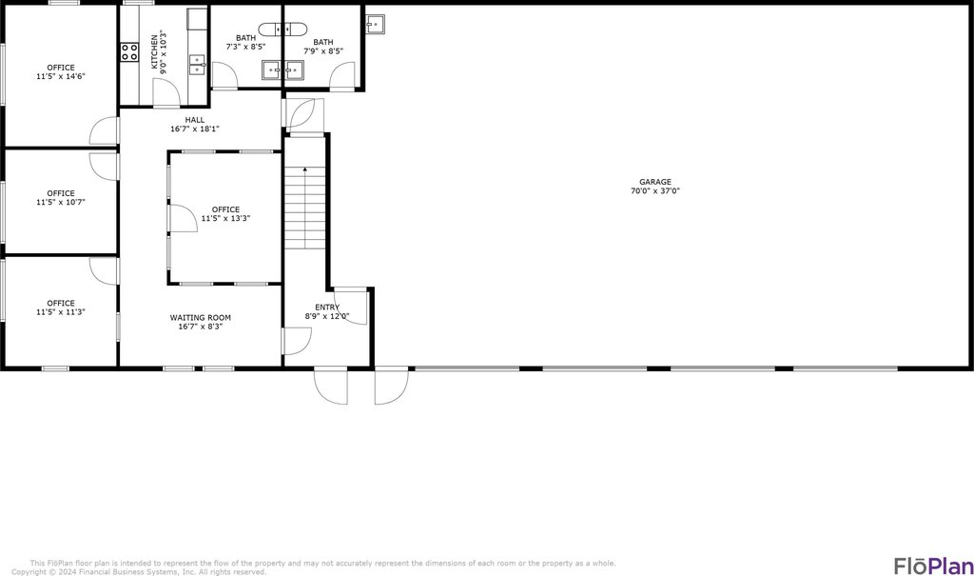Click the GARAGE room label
pyautogui.click(x=654, y=182)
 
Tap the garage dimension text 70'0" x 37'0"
pyautogui.click(x=654, y=191)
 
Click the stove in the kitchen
pyautogui.click(x=128, y=53)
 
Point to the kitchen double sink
pyautogui.click(x=198, y=64)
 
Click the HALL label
pyautogui.click(x=195, y=120)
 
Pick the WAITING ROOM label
pyautogui.click(x=200, y=317)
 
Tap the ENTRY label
pyautogui.click(x=327, y=307)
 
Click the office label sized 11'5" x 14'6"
pyautogui.click(x=61, y=67)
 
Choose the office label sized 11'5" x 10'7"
pyautogui.click(x=61, y=193)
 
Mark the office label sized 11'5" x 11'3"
pyautogui.click(x=61, y=304)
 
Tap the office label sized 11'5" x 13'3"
pyautogui.click(x=225, y=209)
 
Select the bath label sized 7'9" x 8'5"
pyautogui.click(x=323, y=42)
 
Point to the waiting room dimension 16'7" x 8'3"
pyautogui.click(x=200, y=327)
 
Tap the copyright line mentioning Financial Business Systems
pyautogui.click(x=139, y=572)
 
